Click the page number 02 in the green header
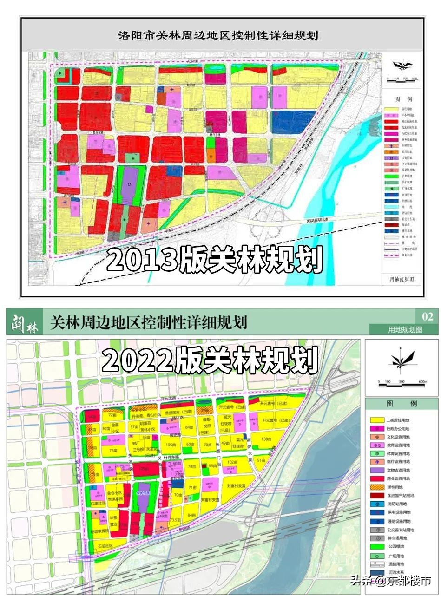[x=427, y=317]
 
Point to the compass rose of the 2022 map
[x=401, y=359]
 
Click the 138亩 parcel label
[x=266, y=439]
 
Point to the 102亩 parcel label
[x=233, y=462]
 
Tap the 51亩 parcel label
[x=261, y=460]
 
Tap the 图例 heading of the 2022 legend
[x=401, y=403]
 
